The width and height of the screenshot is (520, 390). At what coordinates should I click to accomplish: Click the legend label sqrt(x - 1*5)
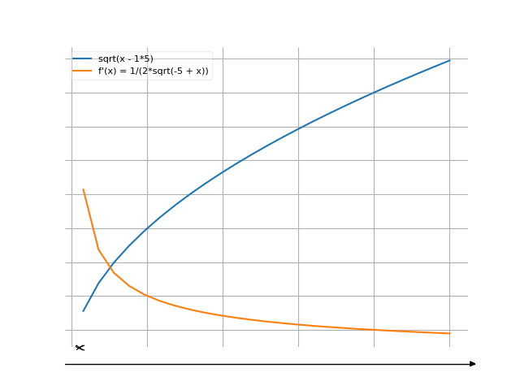pyautogui.click(x=125, y=59)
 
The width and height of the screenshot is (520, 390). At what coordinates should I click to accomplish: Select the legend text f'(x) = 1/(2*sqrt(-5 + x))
pyautogui.click(x=154, y=71)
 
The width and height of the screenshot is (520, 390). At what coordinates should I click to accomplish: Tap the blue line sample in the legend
pyautogui.click(x=82, y=59)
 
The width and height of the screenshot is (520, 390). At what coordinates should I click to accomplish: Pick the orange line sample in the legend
pyautogui.click(x=82, y=71)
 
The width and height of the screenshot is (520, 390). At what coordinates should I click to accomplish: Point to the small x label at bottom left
pyautogui.click(x=80, y=348)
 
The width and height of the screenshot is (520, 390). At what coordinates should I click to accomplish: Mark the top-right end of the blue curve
pyautogui.click(x=449, y=60)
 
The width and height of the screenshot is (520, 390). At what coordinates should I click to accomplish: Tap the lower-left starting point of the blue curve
pyautogui.click(x=83, y=311)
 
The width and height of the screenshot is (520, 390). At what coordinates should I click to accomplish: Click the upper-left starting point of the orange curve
pyautogui.click(x=83, y=189)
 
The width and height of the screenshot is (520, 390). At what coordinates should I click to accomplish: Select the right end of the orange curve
pyautogui.click(x=449, y=333)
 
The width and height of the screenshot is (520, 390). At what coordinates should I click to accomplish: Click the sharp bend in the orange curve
pyautogui.click(x=98, y=248)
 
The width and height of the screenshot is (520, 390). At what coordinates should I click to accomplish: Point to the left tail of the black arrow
pyautogui.click(x=67, y=364)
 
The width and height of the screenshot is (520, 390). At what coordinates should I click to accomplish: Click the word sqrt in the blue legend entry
pyautogui.click(x=106, y=59)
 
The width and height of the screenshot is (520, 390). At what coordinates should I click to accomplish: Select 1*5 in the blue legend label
pyautogui.click(x=142, y=59)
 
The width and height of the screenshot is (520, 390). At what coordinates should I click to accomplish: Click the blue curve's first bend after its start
pyautogui.click(x=98, y=283)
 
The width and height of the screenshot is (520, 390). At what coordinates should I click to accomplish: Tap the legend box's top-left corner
pyautogui.click(x=70, y=52)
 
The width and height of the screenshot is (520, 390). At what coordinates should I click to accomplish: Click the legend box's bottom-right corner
pyautogui.click(x=213, y=79)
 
